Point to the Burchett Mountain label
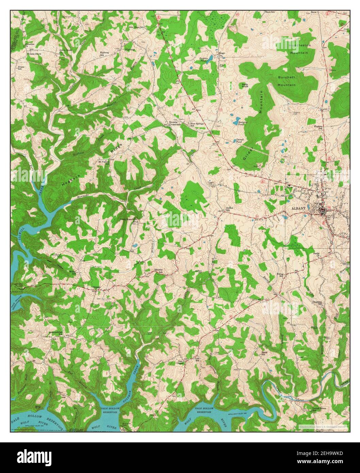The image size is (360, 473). [x=287, y=81]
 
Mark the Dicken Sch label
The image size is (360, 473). [x=230, y=209]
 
